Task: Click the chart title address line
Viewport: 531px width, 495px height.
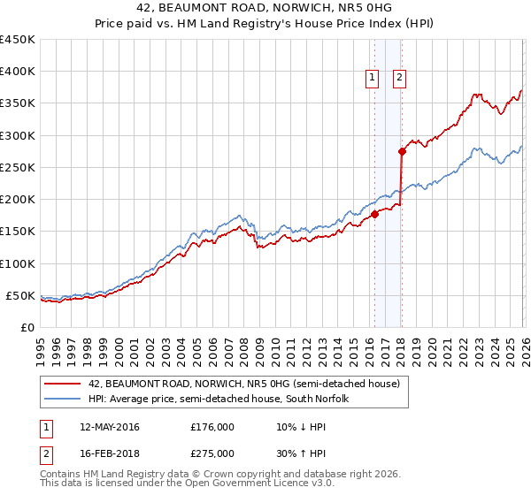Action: coord(265,8)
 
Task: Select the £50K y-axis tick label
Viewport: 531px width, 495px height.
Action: coord(21,295)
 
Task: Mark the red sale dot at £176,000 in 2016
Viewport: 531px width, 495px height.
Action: coord(374,214)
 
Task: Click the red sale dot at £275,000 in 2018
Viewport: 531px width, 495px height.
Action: coord(402,151)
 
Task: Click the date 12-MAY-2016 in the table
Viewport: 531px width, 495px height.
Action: coord(109,427)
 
